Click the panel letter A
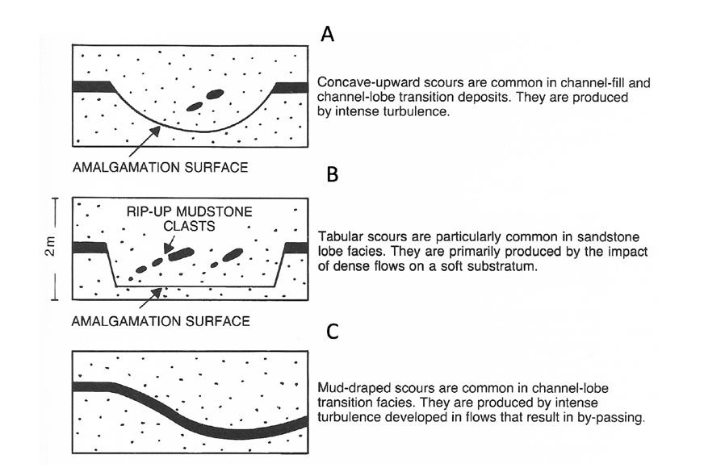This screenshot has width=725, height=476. click(328, 34)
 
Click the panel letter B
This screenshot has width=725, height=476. click(333, 174)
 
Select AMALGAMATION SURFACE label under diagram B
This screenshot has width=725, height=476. click(161, 320)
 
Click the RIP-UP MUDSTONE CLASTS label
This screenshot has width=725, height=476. click(188, 219)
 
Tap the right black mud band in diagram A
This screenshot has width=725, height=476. click(292, 86)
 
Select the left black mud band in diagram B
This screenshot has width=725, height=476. click(91, 247)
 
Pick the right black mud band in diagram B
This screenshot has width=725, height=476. click(295, 247)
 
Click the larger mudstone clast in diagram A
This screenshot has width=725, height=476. click(214, 94)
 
